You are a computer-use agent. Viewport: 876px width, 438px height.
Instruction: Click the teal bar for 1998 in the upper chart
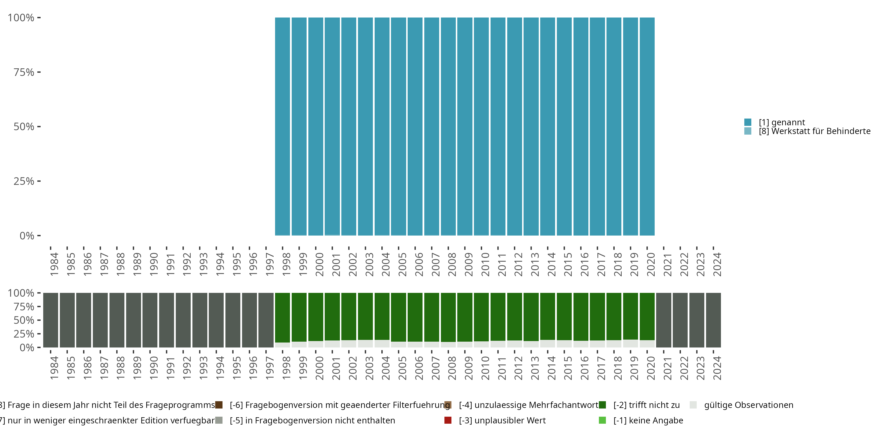coord(282,126)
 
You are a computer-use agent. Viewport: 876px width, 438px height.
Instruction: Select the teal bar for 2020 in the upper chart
coord(647,126)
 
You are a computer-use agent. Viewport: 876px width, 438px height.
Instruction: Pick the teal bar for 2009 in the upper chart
coord(465,126)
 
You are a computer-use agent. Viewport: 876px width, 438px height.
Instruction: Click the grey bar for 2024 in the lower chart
coord(713,320)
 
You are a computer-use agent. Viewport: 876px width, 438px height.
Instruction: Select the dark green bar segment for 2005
coord(398,317)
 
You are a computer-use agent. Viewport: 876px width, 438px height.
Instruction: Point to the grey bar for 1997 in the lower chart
coord(266,320)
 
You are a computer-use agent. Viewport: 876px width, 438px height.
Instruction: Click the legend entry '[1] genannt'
coord(781,122)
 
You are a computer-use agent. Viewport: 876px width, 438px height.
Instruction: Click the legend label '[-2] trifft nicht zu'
coord(646,405)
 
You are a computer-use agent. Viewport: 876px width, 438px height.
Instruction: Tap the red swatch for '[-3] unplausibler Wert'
coord(448,420)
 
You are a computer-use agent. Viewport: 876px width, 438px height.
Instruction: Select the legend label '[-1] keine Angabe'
coord(648,420)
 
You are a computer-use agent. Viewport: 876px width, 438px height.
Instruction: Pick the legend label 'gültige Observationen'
coord(748,405)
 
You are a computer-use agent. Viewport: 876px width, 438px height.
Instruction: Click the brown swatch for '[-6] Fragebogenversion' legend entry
coord(219,405)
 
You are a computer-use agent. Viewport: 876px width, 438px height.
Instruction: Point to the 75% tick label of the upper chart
coord(24,72)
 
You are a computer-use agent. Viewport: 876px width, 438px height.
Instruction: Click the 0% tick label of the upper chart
coord(27,236)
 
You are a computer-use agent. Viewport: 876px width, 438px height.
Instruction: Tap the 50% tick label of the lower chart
coord(24,320)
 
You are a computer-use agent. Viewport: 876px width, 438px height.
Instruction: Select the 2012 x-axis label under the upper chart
coord(518,264)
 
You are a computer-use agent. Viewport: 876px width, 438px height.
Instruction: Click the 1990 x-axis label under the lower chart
coord(153,368)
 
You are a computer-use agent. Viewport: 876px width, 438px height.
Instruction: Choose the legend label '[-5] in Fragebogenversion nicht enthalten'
coord(312,420)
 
